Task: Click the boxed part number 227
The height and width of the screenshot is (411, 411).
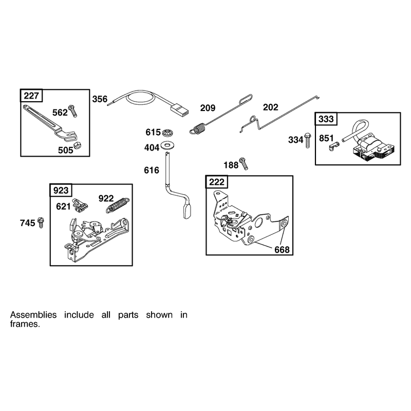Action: tap(31, 96)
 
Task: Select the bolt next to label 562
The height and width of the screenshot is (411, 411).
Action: tap(72, 111)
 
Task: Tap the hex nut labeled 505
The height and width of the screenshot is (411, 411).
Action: tap(78, 145)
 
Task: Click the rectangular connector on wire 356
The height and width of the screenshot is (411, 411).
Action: tap(180, 109)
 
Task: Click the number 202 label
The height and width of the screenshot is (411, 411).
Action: tap(271, 107)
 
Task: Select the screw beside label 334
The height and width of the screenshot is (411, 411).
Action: tap(308, 140)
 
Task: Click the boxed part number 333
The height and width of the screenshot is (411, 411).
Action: tap(326, 119)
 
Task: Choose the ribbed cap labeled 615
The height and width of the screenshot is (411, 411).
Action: tap(168, 133)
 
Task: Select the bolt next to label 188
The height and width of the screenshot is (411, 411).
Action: tap(244, 163)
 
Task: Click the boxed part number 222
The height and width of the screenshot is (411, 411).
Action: tap(217, 182)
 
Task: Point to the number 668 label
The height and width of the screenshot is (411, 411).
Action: tap(282, 250)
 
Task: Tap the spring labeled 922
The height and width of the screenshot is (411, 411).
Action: tap(118, 205)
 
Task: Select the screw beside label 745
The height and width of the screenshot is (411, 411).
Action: tap(41, 222)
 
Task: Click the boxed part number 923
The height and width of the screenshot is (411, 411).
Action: tap(61, 190)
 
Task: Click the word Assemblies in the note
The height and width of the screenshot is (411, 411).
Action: tap(33, 314)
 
